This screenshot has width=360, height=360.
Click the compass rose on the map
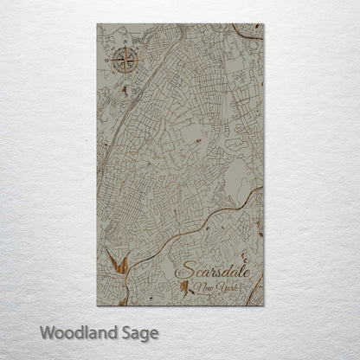tap(122, 61)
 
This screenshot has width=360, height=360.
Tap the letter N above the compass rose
tap(124, 42)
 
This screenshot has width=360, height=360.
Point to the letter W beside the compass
tap(106, 61)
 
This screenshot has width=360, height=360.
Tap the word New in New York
tap(202, 287)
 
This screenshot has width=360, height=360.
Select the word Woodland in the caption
tap(75, 331)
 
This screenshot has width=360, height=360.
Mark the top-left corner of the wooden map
tap(98, 24)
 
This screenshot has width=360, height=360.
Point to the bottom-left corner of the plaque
tap(98, 305)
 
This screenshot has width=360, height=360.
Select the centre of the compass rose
tap(122, 61)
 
